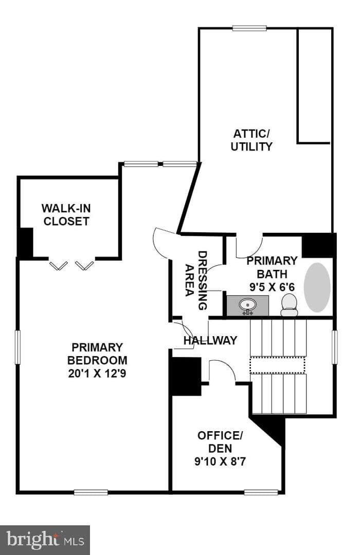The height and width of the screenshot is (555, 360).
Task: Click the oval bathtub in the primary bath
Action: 317,287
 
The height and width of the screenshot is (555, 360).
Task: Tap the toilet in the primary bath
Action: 289,304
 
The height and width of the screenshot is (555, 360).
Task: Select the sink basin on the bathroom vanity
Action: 247,304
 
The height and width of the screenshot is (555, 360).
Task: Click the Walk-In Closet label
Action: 66,214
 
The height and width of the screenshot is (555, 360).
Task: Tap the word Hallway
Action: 210,340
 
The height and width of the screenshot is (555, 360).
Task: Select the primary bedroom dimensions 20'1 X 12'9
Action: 97,374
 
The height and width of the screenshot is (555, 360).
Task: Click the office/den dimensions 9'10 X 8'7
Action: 220,461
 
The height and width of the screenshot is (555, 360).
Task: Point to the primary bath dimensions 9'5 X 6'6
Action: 272,287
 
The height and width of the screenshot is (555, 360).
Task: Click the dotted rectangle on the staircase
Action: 277,365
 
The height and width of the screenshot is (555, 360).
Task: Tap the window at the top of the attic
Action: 249,28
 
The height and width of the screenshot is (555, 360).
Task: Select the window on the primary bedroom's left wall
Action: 17,347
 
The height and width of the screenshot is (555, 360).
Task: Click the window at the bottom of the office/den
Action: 261,492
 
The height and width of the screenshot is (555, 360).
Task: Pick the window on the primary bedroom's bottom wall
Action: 91,492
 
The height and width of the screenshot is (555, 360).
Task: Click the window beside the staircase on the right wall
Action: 334,347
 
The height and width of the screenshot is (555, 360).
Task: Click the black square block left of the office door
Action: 186,376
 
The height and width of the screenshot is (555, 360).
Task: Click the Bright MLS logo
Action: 45,540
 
